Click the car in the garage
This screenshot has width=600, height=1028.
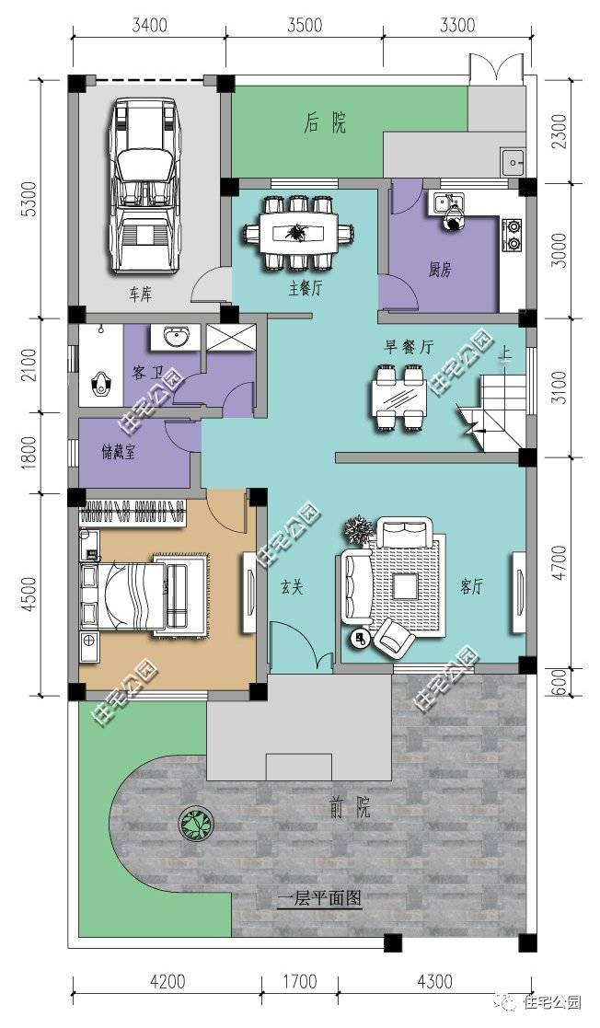(x=144, y=186)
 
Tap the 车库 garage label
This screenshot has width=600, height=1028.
(x=140, y=294)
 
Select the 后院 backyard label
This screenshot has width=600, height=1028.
(x=325, y=122)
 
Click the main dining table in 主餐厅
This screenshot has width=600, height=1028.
(x=299, y=232)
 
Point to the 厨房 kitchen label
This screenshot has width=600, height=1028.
(x=440, y=269)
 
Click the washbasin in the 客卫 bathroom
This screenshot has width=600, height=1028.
(x=176, y=338)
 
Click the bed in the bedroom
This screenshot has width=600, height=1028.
(x=144, y=595)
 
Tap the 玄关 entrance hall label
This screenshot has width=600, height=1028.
(x=293, y=587)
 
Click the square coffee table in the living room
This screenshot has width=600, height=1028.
(x=405, y=585)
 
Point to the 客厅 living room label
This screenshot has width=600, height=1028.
(x=471, y=587)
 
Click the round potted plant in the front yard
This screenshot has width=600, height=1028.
(x=197, y=824)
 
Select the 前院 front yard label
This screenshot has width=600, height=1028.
(x=351, y=807)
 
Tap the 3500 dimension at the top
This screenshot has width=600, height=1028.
(x=305, y=25)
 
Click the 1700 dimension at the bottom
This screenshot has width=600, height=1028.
(x=300, y=981)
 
